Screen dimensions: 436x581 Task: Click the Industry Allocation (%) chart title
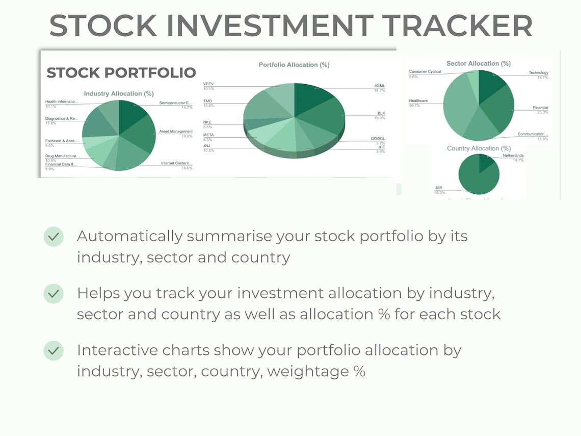[x=119, y=94]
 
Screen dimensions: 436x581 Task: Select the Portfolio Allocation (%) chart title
[x=294, y=65]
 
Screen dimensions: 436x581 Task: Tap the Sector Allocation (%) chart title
[x=478, y=64]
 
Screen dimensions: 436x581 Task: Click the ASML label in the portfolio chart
[x=380, y=86]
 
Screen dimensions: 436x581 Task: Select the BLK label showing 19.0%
[x=381, y=113]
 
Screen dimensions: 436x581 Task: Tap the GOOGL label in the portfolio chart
[x=378, y=139]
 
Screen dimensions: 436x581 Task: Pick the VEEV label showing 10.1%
[x=208, y=84]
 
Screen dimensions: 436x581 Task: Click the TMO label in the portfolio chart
[x=207, y=101]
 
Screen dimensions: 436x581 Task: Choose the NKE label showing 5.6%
[x=207, y=122]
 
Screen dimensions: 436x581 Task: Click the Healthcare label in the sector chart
[x=418, y=101]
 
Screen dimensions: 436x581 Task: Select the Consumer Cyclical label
[x=425, y=72]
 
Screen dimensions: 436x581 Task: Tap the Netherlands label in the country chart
[x=513, y=156]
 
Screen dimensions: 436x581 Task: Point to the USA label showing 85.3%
[x=438, y=188]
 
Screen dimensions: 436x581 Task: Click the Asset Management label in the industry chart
[x=176, y=132]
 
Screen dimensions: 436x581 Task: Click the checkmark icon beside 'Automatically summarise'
[x=54, y=237]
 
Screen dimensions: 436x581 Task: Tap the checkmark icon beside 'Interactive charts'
[x=54, y=351]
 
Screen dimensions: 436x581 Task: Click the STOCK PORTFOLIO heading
[x=121, y=73]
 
